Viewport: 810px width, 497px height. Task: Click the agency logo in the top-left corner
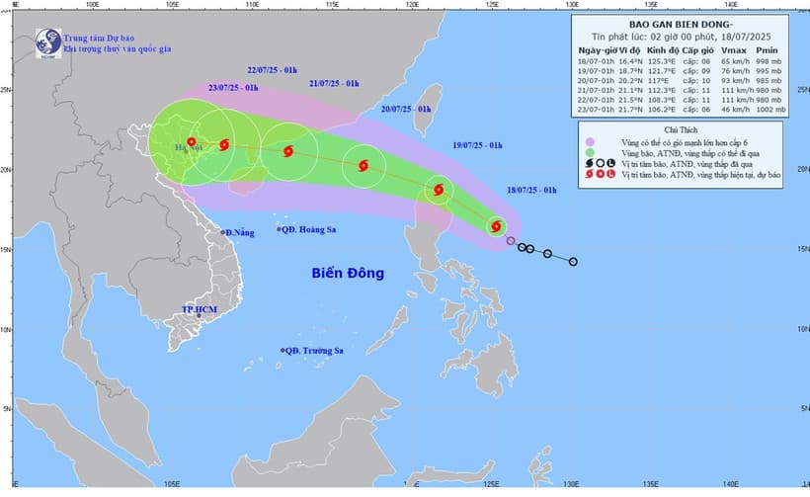point(45,41)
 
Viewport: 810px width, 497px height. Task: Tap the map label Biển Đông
point(348,273)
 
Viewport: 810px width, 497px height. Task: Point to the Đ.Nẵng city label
point(240,232)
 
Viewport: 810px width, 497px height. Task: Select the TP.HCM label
point(198,309)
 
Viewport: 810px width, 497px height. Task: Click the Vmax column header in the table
point(732,49)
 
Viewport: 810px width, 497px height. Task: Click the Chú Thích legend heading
point(683,129)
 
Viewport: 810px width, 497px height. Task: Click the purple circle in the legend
point(590,143)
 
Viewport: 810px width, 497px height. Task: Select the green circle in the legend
point(590,154)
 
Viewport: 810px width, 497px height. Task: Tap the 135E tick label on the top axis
point(652,5)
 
